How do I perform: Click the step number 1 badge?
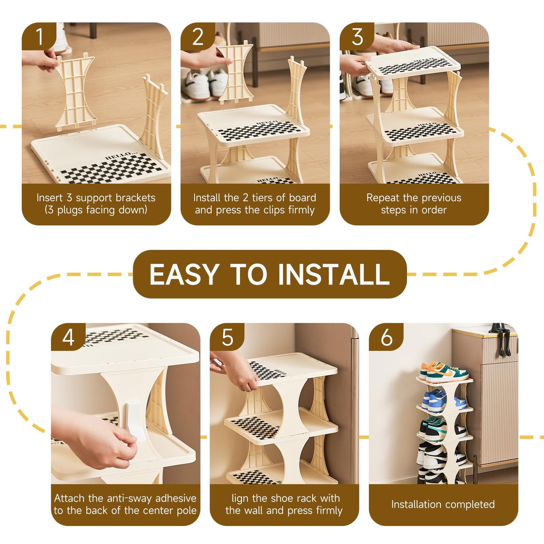tap(39, 36)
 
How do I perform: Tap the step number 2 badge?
tap(198, 36)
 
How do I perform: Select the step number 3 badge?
tap(357, 36)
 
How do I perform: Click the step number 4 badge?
tap(68, 337)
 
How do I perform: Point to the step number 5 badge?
tap(227, 337)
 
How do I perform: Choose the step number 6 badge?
tap(386, 337)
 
